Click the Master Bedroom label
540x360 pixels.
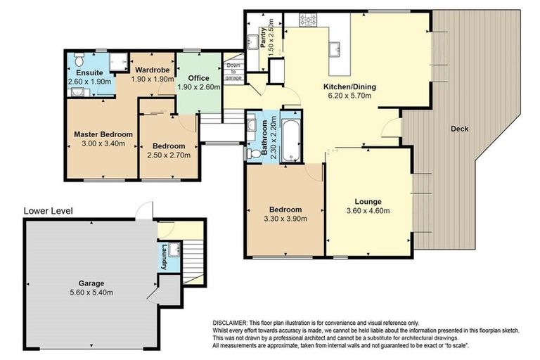tap(103, 134)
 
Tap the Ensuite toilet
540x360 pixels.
tap(79, 60)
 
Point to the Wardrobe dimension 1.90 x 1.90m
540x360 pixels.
tap(153, 79)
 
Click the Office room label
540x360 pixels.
tap(199, 78)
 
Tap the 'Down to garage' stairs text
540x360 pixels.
tap(233, 72)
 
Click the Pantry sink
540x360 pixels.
tap(252, 41)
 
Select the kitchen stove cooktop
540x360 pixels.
tap(308, 20)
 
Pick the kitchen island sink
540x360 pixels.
tap(335, 49)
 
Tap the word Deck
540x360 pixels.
tap(460, 129)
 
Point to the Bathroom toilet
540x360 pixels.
tap(253, 153)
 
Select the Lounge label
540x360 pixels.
tap(368, 202)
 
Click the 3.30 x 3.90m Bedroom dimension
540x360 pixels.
tap(286, 219)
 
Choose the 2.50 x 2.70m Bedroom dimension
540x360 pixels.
tap(169, 155)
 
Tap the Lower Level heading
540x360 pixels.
tap(49, 211)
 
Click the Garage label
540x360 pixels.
tap(91, 283)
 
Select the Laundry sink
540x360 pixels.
tap(174, 250)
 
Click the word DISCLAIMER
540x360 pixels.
tap(230, 323)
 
